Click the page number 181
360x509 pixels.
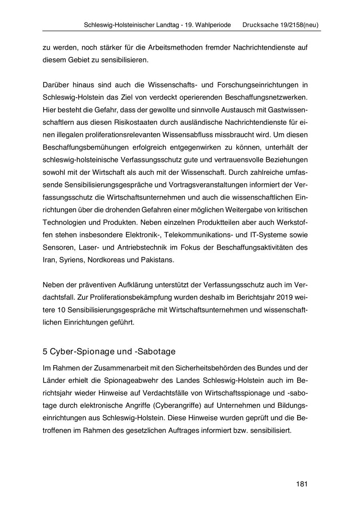coord(302,484)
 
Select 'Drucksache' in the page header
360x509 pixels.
coord(260,25)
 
